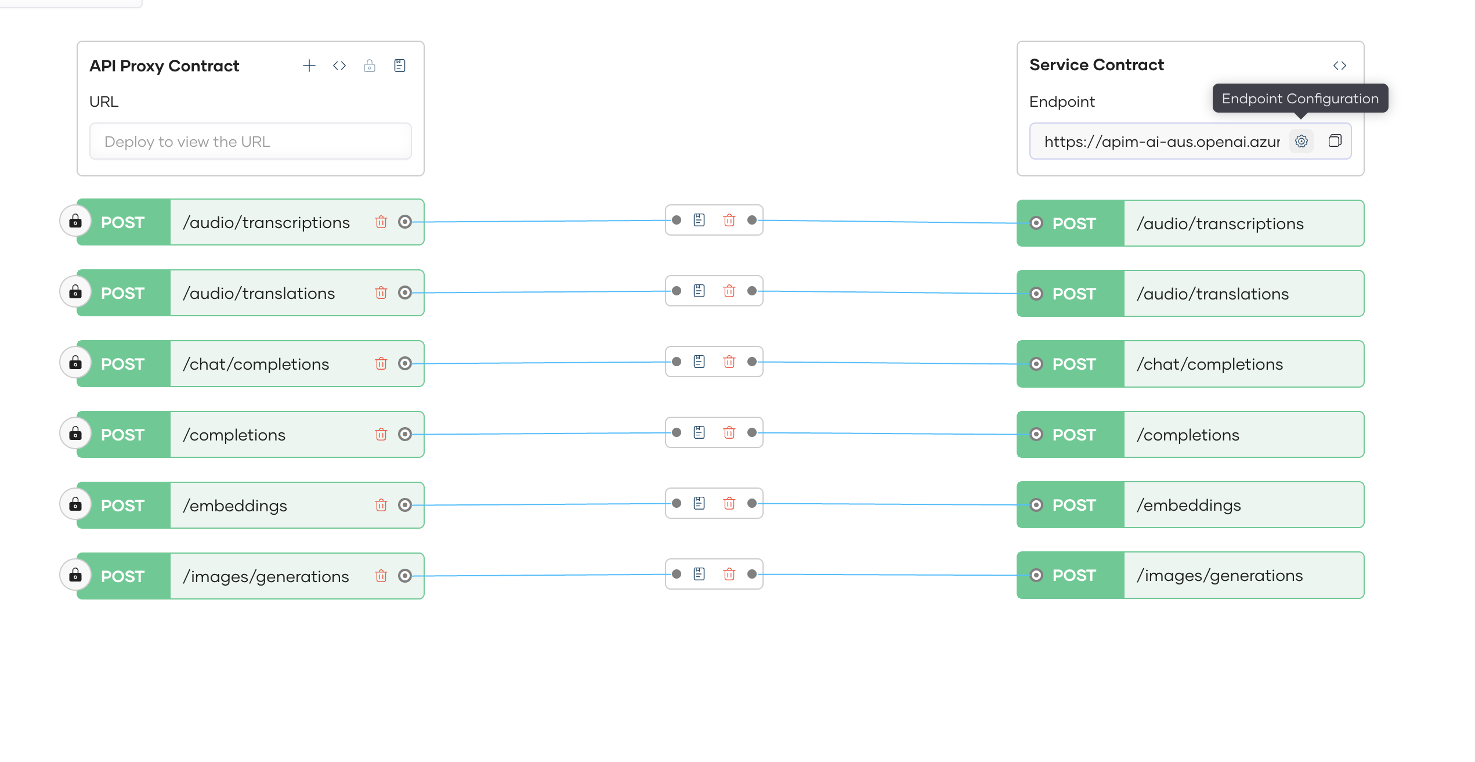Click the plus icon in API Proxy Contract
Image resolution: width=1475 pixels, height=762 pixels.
coord(309,66)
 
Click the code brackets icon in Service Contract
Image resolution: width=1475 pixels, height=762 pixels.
coord(1339,66)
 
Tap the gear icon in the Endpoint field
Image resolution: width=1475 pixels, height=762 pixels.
coord(1302,141)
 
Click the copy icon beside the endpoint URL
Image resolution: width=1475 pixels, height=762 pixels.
coord(1335,141)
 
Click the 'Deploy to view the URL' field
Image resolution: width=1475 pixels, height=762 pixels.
coord(250,142)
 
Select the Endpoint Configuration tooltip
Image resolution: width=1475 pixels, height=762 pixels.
coord(1300,99)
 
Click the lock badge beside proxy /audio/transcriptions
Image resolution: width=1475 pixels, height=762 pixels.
coord(75,221)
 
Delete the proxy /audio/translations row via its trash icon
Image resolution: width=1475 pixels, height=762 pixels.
coord(381,292)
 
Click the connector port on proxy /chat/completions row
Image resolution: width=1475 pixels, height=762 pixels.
coord(405,363)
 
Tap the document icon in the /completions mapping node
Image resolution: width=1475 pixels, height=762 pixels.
coord(699,432)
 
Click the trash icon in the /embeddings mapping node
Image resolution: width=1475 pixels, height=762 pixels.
coord(729,503)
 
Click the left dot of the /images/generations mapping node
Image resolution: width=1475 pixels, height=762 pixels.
coord(677,574)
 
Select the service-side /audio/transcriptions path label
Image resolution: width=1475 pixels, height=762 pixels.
coord(1220,224)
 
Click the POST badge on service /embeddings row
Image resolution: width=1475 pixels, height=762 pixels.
coord(1074,505)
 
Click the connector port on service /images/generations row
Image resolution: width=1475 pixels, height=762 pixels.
coord(1036,575)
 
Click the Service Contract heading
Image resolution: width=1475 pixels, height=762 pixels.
coord(1096,65)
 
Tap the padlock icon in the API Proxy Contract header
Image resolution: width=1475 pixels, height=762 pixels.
coord(370,66)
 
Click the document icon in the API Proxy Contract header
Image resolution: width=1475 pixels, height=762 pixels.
coord(400,66)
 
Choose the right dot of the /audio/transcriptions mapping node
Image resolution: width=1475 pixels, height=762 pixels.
coord(752,220)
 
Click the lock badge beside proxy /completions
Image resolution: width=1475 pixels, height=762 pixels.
coord(75,434)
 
